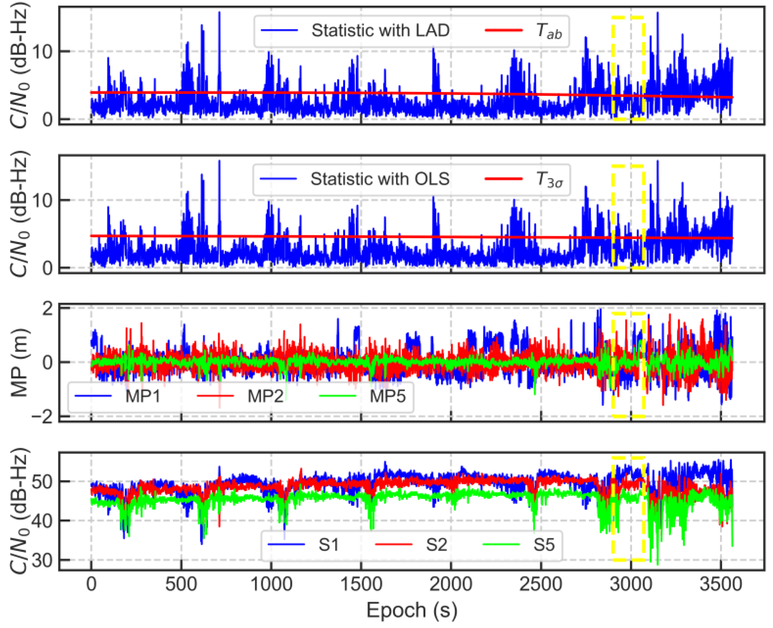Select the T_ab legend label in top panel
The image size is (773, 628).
(548, 31)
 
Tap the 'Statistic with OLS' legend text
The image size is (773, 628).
(379, 179)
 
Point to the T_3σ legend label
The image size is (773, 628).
(549, 180)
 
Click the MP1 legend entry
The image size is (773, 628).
(143, 396)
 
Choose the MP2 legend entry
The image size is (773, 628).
(265, 396)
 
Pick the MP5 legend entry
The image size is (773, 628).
(387, 396)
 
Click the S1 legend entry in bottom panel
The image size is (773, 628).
(328, 545)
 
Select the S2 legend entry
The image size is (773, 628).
(436, 545)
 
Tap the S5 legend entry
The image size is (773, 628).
(544, 545)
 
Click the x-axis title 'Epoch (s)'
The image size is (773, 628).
(412, 610)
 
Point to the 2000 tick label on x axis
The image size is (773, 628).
(451, 584)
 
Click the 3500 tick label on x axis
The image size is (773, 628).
(720, 584)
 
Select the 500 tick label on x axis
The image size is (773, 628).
(181, 584)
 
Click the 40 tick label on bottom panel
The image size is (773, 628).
(42, 521)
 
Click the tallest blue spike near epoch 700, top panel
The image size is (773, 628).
(219, 14)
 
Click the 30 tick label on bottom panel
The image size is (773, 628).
(42, 560)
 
